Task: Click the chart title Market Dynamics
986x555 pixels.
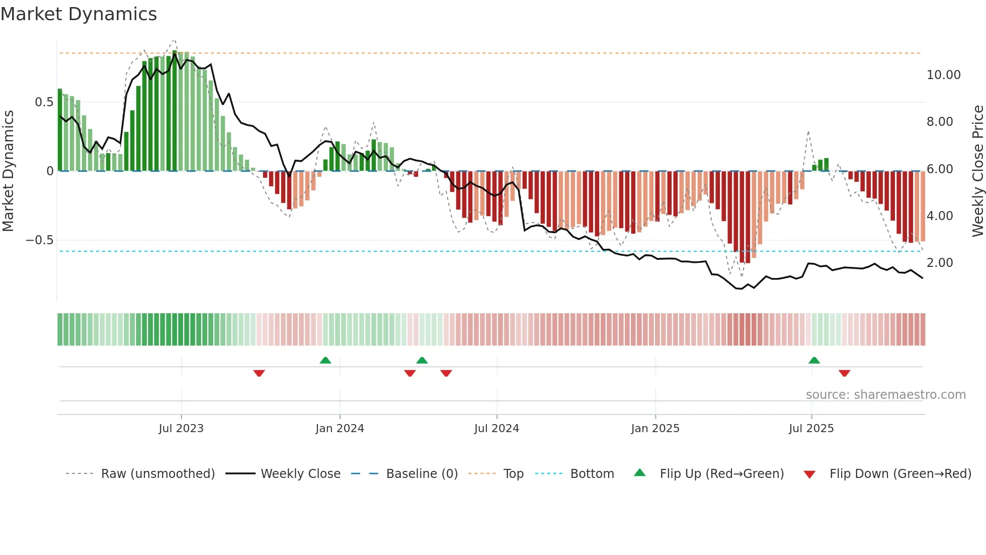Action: point(79,14)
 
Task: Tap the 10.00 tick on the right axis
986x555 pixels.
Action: point(943,75)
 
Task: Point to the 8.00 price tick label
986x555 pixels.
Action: point(939,122)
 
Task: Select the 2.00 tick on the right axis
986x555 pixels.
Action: point(939,263)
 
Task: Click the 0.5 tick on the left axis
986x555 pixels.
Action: point(44,102)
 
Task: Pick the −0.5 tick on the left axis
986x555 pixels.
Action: point(39,240)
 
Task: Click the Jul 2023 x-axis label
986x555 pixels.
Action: point(181,429)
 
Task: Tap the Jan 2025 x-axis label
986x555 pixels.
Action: point(655,429)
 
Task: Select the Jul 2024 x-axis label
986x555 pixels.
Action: point(497,429)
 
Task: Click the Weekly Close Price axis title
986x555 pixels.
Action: point(977,171)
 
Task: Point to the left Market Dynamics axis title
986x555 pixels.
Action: point(8,171)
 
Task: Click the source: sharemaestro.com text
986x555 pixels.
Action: point(885,395)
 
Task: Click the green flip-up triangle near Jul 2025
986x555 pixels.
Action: point(814,360)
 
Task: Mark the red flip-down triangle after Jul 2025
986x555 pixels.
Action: point(844,373)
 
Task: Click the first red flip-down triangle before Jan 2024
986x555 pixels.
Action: point(259,373)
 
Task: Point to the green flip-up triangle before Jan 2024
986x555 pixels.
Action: point(325,360)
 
